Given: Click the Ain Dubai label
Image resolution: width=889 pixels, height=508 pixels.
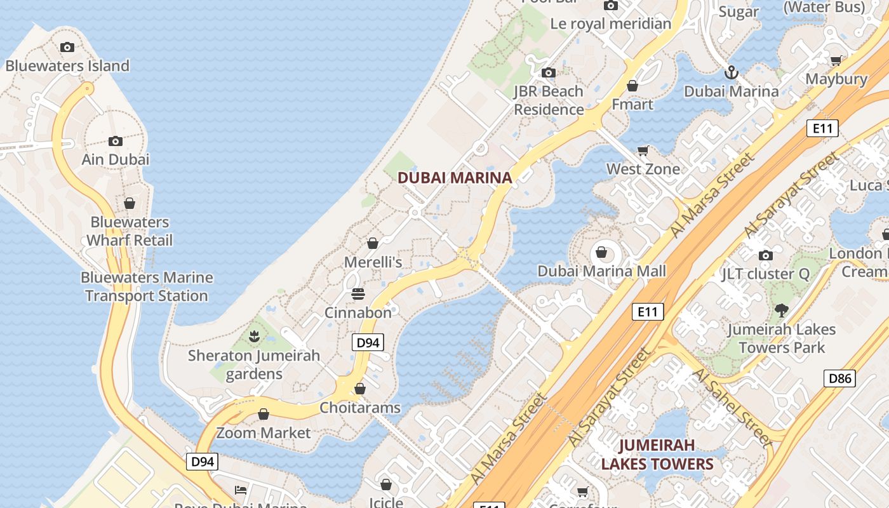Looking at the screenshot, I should click(116, 159).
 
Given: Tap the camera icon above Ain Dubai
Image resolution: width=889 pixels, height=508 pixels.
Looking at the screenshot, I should click(115, 141).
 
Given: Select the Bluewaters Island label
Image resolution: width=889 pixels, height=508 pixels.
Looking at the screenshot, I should click(67, 65).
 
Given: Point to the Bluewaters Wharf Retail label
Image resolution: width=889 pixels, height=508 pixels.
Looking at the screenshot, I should click(130, 231).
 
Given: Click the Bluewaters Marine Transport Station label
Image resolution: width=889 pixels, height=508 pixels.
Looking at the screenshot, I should click(147, 286).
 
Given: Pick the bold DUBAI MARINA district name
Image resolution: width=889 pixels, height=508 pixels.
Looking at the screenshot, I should click(455, 178).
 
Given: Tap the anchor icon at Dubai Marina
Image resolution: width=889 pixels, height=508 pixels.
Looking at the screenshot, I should click(732, 72).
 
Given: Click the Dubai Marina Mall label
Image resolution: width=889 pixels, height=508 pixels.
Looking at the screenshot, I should click(601, 271).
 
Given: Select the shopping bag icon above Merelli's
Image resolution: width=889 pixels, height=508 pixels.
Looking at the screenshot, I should click(373, 243).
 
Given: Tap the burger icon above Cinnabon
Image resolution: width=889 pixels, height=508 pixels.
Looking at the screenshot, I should click(358, 294).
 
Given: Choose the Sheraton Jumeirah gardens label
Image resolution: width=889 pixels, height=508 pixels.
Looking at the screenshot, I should click(254, 364).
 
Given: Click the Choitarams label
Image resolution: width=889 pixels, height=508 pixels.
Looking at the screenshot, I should click(360, 407).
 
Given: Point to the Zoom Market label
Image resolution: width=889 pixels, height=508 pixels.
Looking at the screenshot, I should click(264, 432).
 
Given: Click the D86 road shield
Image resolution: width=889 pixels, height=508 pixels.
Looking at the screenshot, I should click(839, 378).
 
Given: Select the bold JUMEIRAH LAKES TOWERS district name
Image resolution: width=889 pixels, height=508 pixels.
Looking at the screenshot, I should click(657, 454).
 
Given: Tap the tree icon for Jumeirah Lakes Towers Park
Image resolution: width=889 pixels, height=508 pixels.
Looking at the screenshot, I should click(782, 311).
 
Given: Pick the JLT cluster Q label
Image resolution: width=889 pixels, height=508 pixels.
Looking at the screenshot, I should click(765, 274).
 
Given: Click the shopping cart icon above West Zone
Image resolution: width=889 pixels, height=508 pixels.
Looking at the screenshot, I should click(643, 151).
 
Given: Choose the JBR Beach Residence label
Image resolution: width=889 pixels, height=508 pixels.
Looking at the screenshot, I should click(549, 100).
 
